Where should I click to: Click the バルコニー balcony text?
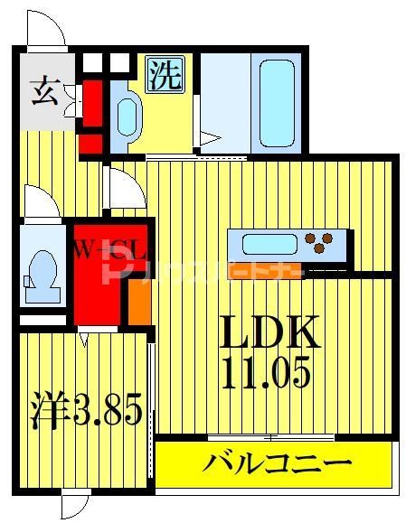tap(276, 465)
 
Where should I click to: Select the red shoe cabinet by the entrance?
tap(91, 113)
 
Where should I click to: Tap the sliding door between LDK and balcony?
tap(271, 438)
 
